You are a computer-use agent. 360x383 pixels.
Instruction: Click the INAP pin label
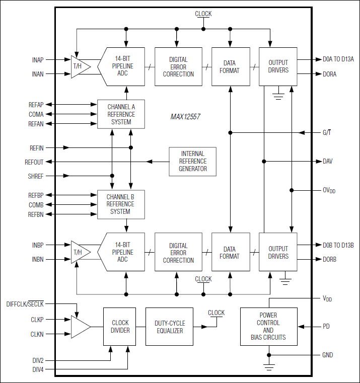click(x=38, y=60)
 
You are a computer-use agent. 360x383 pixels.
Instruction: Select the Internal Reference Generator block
click(x=192, y=161)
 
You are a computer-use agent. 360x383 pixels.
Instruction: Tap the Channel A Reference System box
click(x=121, y=114)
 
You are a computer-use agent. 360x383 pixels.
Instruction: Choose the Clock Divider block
click(x=120, y=326)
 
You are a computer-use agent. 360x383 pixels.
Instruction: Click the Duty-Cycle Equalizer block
click(x=169, y=326)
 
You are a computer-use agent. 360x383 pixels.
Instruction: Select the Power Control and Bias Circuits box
click(x=268, y=326)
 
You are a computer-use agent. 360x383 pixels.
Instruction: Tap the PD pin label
click(x=326, y=326)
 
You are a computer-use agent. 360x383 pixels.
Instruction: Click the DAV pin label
click(x=328, y=161)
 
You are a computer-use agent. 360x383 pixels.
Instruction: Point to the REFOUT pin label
click(x=34, y=162)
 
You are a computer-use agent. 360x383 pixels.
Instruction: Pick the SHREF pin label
click(x=36, y=176)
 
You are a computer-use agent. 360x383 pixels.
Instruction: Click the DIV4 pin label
click(x=37, y=370)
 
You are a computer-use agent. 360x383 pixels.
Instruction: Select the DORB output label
click(x=330, y=260)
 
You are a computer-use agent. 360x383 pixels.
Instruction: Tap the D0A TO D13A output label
click(x=338, y=59)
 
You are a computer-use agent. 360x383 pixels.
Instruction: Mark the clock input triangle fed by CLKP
click(x=80, y=326)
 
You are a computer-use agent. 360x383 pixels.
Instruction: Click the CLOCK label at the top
click(x=203, y=14)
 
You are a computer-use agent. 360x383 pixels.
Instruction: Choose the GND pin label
click(x=328, y=355)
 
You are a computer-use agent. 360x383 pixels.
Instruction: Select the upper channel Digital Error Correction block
click(x=178, y=67)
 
